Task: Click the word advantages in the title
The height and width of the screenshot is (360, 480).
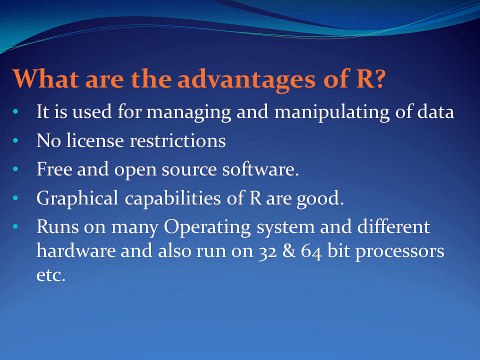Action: [246, 80]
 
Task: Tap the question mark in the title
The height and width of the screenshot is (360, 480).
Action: [380, 78]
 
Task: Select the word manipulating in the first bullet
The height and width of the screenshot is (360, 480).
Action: [332, 112]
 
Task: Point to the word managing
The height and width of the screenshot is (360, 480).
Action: [189, 112]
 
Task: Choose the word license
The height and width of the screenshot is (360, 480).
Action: [95, 140]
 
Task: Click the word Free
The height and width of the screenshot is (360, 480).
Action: [54, 169]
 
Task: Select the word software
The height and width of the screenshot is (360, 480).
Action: [260, 169]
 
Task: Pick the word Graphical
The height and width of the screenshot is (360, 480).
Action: [77, 199]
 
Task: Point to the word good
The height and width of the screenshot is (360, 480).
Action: [320, 199]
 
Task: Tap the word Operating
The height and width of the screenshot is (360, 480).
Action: [207, 228]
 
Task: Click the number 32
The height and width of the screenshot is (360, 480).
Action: [268, 252]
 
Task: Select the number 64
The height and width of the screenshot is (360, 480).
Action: [311, 252]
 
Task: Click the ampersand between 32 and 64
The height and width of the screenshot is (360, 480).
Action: [289, 251]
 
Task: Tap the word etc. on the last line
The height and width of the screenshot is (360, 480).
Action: [51, 276]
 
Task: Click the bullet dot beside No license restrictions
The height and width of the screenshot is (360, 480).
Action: [15, 141]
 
